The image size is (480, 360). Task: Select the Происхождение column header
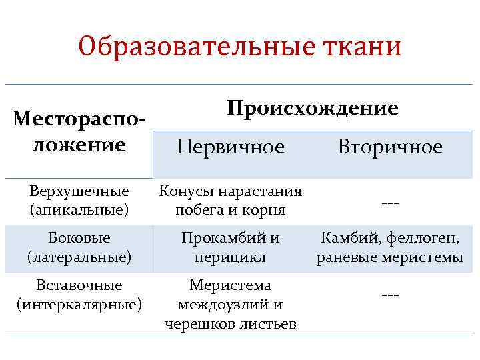[x=313, y=108]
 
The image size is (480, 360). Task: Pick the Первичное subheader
[x=230, y=147]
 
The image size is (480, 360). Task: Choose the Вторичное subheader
[x=390, y=147]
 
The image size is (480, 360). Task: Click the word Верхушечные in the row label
[x=79, y=192]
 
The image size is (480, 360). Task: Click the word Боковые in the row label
[x=79, y=237]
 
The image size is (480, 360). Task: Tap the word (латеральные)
[x=79, y=255]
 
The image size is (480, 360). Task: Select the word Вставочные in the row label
[x=79, y=285]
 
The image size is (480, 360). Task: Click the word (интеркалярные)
[x=79, y=304]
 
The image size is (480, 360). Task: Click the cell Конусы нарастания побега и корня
[x=230, y=201]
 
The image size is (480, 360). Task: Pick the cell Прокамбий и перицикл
[x=230, y=247]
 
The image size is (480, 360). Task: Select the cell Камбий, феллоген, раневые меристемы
[x=390, y=247]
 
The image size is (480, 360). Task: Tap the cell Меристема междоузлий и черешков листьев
[x=230, y=305]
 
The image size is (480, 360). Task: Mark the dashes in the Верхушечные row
[x=390, y=203]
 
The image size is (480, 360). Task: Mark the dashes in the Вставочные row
[x=390, y=294]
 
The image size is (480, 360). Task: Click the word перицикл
[x=230, y=256]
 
